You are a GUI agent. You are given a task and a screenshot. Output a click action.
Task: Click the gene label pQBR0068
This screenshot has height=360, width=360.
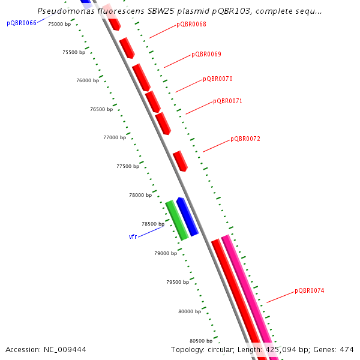(191, 25)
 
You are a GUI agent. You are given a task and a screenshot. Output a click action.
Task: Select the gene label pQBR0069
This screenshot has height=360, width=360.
(206, 55)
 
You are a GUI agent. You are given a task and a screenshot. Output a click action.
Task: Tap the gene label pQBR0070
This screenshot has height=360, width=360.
(217, 79)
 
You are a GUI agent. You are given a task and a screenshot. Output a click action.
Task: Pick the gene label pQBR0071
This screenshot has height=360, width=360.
(227, 101)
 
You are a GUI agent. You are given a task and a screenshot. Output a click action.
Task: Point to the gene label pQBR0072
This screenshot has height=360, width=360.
(245, 139)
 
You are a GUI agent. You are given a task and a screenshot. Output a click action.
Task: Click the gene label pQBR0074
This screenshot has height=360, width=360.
(309, 291)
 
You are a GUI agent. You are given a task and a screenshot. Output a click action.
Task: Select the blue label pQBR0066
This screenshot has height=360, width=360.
(22, 23)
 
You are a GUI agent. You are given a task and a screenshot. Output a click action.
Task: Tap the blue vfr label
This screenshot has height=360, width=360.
(133, 237)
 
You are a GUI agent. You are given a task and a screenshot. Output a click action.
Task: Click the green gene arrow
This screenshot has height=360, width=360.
(177, 220)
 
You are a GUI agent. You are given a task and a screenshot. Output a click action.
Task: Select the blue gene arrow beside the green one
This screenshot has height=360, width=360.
(188, 217)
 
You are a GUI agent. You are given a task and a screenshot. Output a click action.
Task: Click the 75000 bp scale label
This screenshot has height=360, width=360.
(59, 24)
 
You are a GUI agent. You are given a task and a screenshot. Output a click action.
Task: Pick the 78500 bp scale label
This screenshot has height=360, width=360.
(152, 224)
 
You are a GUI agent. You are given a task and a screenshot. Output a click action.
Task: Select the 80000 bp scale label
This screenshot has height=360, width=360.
(190, 311)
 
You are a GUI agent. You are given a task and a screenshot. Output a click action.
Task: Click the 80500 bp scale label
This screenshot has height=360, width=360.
(202, 340)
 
